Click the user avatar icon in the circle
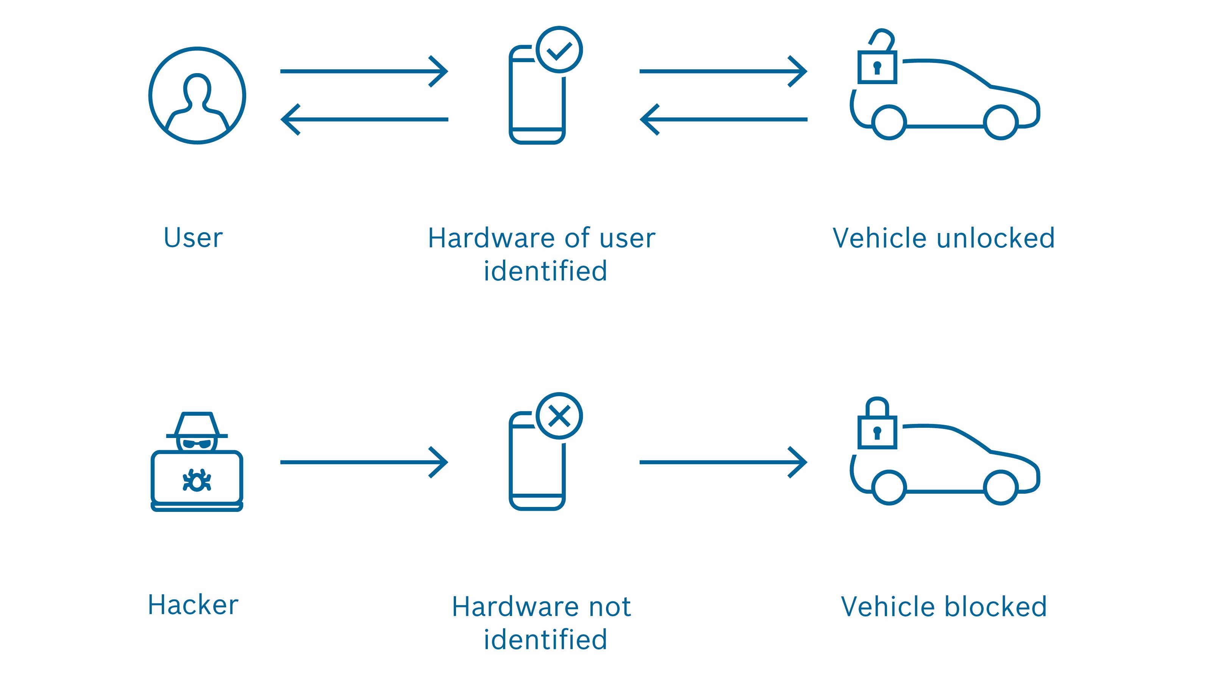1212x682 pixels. (197, 95)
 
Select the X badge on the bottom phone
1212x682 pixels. (559, 416)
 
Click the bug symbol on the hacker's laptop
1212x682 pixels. (197, 480)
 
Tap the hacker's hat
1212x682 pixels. (197, 425)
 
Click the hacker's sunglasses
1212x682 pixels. (197, 444)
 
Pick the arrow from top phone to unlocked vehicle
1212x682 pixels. (723, 72)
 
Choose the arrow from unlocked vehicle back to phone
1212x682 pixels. (723, 120)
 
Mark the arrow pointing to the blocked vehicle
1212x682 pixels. (723, 462)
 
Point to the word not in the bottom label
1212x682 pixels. (610, 607)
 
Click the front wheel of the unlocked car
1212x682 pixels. (1000, 122)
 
